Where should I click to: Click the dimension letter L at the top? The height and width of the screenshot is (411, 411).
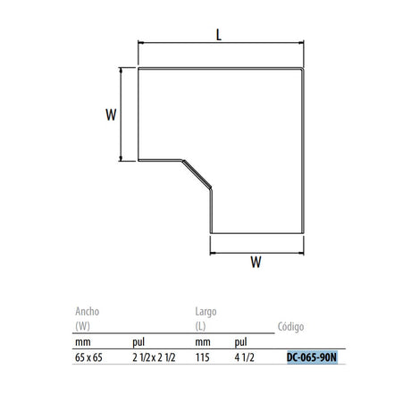(x=219, y=35)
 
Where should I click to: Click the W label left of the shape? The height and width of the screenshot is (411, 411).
(x=111, y=114)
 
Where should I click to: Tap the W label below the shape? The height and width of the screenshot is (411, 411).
(x=256, y=262)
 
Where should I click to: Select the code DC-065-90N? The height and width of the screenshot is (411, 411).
(x=312, y=357)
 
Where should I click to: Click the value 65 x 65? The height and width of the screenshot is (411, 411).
(x=88, y=357)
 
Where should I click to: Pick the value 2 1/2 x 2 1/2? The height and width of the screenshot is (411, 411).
(x=154, y=357)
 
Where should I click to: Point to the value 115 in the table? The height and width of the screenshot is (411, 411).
(x=203, y=357)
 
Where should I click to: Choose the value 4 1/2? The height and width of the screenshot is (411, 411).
(x=245, y=357)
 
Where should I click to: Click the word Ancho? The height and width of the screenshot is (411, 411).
(x=88, y=312)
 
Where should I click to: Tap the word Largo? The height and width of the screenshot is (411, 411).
(x=205, y=312)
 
